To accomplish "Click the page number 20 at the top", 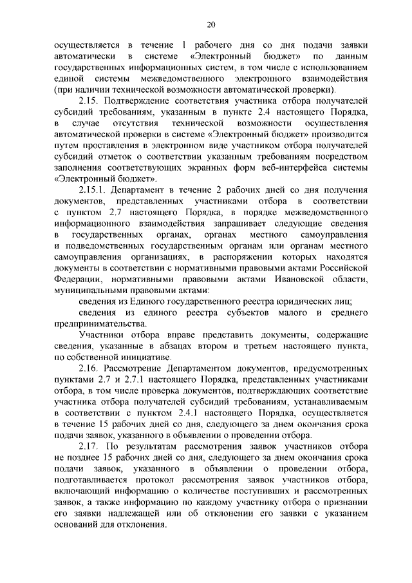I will tap(211, 25).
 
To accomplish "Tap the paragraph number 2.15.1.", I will tap(92, 192).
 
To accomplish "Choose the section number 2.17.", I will tap(88, 447).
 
